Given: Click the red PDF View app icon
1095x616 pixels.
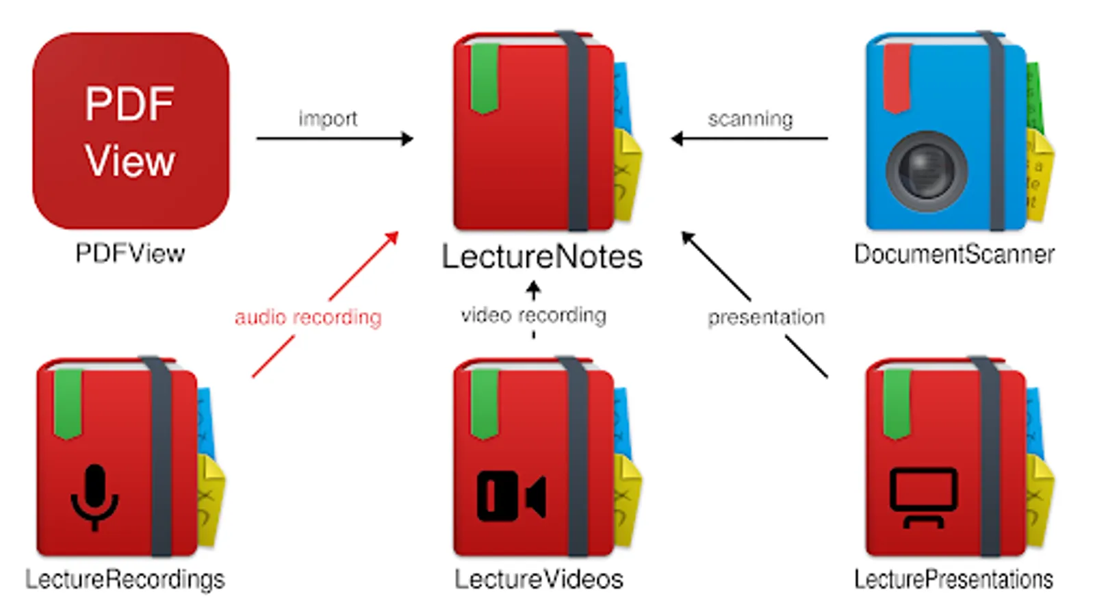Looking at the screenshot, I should [x=131, y=131].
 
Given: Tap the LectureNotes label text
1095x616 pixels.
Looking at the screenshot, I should [x=541, y=257].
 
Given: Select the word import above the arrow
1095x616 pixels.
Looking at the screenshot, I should [x=328, y=119].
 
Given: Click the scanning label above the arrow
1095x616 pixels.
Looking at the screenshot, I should [x=750, y=119].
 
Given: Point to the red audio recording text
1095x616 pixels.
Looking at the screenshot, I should [x=308, y=318].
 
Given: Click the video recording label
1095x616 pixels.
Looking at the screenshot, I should [x=533, y=316].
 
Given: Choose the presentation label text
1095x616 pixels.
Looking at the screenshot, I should [x=766, y=318].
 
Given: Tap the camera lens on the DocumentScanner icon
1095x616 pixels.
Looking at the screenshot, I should [x=926, y=170].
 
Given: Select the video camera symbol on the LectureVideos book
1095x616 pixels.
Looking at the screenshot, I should [x=511, y=496].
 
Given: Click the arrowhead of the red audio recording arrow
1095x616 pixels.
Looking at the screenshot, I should [x=393, y=237].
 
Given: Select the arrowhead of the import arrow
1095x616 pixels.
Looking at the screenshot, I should [x=408, y=139].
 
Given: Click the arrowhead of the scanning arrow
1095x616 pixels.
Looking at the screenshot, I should [x=677, y=139].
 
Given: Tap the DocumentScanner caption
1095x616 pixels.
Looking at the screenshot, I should [x=954, y=255].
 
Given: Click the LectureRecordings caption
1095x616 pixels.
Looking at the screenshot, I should [x=125, y=580].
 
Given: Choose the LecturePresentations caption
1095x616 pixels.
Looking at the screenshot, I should [x=953, y=580].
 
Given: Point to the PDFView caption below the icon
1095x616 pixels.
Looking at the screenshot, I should [x=130, y=254].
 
